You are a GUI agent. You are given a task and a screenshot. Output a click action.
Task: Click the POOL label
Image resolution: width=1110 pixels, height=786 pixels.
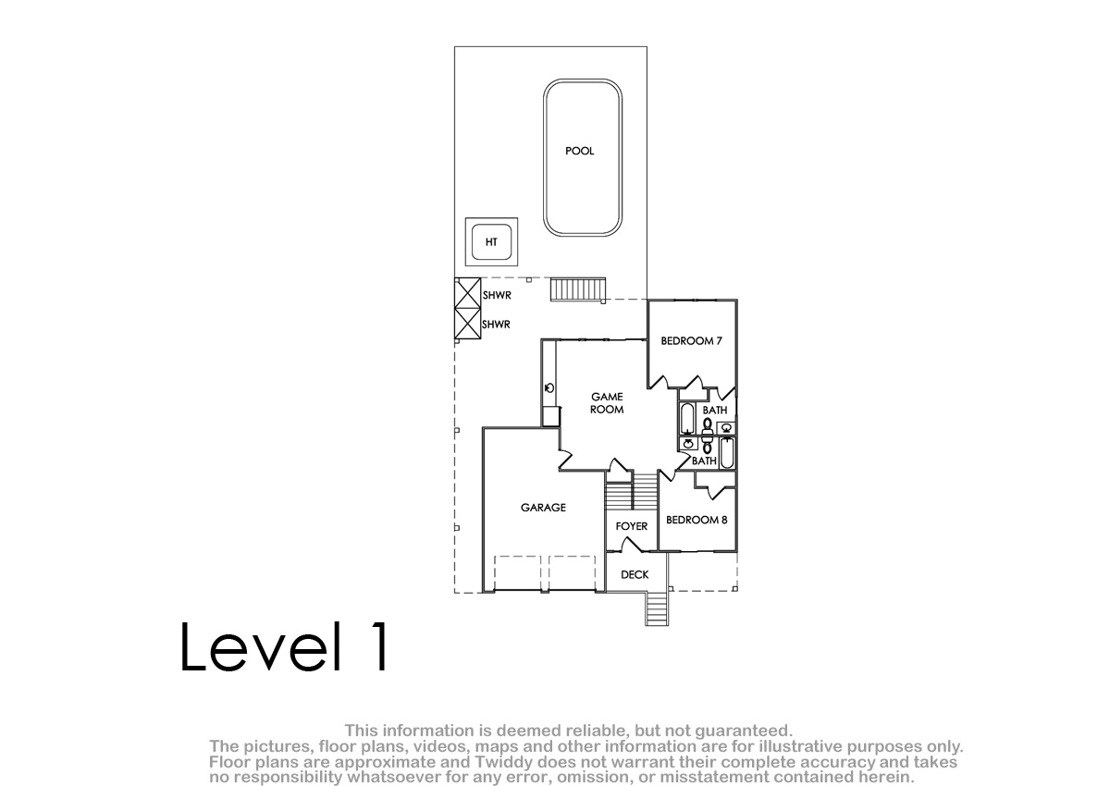click(x=579, y=151)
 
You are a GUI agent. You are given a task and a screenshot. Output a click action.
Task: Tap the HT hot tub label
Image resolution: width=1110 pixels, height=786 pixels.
click(x=491, y=242)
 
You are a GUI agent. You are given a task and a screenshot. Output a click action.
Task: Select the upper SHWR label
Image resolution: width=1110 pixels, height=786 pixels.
click(x=497, y=295)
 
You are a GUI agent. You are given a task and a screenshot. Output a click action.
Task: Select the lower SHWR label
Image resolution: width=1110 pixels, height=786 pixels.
click(x=496, y=325)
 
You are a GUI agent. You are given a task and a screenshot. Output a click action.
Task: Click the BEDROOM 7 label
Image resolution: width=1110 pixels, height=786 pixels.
click(x=691, y=340)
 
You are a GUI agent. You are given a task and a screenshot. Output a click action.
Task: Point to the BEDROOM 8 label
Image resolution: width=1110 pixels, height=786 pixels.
click(x=697, y=520)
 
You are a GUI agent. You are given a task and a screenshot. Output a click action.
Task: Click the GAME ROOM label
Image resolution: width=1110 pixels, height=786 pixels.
click(x=607, y=403)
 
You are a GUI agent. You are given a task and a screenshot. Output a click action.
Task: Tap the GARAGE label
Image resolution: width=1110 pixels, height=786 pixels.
click(x=543, y=507)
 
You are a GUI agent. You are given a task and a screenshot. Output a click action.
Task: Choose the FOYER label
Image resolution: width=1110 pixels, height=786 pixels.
click(x=631, y=526)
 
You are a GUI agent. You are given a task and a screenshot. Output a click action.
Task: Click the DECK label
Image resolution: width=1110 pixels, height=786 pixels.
click(x=635, y=574)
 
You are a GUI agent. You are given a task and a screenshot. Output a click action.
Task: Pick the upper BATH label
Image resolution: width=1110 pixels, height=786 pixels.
click(x=715, y=410)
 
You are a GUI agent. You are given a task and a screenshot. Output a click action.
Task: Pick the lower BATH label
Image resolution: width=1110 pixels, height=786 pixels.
click(x=704, y=461)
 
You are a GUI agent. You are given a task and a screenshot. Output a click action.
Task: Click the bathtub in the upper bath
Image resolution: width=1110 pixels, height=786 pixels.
click(x=687, y=419)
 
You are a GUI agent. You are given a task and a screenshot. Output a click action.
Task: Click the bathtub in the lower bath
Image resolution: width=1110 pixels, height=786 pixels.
click(x=727, y=453)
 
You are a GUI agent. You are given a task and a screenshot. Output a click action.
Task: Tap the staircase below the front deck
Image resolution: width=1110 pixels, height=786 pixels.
click(x=657, y=608)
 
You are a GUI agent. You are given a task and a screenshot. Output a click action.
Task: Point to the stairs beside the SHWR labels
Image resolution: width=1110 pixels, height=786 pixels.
click(x=578, y=289)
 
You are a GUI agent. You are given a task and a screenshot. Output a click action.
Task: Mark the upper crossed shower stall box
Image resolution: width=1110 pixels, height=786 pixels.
click(x=468, y=293)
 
